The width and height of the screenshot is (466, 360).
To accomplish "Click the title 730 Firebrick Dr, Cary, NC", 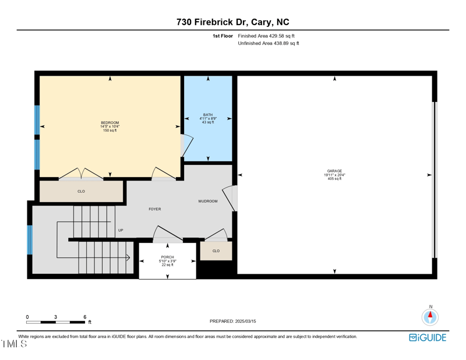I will point(233,22).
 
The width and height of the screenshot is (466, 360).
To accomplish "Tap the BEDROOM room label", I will point(110,122).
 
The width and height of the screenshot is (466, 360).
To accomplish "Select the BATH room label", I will point(208,115).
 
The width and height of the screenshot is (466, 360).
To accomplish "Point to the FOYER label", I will point(154,209).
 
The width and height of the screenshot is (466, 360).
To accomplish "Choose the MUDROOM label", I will point(208,202).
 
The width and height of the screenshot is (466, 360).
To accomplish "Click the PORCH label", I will point(167,257).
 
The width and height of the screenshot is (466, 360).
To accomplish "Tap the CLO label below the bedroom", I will point(81,191).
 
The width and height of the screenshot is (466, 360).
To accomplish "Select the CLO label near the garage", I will point(216,251).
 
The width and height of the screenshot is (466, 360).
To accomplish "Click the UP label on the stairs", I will point(121,230).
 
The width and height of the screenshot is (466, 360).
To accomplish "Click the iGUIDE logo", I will point(428,338).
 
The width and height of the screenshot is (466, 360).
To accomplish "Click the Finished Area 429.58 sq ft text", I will point(266,36).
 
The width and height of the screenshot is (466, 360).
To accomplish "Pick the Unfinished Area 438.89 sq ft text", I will point(269,44).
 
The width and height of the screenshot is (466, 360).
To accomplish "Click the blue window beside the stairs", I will point(30,239).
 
